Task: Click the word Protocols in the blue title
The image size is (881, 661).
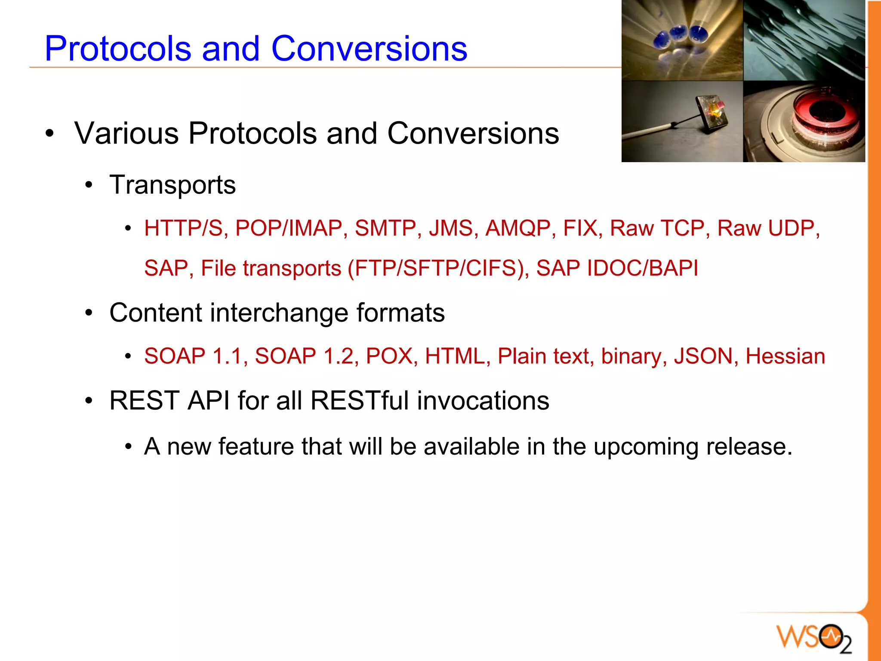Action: click(x=118, y=49)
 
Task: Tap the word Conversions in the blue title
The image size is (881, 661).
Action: click(x=369, y=49)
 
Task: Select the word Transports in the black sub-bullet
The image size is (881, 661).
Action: click(x=173, y=185)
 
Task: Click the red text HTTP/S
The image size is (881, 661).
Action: click(x=183, y=228)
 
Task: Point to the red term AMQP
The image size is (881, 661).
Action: click(x=518, y=228)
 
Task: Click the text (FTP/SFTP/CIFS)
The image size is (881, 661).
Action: click(x=438, y=268)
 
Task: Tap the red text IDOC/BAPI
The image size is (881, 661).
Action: click(x=642, y=268)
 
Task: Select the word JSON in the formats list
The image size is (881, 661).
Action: click(x=703, y=356)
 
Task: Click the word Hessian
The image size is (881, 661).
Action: click(x=785, y=356)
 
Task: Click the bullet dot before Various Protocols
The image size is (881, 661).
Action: click(x=50, y=134)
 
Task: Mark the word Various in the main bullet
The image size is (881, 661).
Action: click(x=126, y=133)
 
